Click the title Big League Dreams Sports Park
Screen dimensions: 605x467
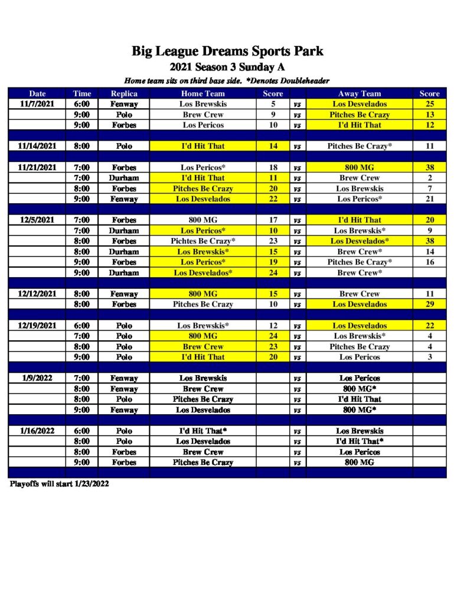pos(227,51)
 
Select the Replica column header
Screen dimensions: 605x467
pos(124,93)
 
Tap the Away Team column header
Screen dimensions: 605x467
pos(359,93)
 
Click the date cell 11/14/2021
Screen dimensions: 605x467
pos(37,146)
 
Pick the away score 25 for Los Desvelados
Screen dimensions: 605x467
pos(429,104)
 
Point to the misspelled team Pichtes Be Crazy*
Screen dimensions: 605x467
pos(203,241)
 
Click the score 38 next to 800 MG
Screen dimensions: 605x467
pos(429,167)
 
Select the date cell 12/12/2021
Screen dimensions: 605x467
pos(37,294)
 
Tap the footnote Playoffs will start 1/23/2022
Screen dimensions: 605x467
pos(59,483)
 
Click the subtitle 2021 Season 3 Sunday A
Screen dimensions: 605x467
pos(227,67)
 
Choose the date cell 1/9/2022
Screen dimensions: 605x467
pos(37,378)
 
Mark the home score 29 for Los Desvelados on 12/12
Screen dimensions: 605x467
pos(429,304)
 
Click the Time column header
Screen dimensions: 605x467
pos(82,93)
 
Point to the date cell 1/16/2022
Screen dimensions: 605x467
pos(37,431)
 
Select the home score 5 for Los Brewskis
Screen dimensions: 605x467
pos(273,104)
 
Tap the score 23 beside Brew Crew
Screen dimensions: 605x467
pos(273,347)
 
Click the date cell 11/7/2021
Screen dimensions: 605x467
pos(37,104)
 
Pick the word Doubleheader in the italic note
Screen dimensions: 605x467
pos(304,80)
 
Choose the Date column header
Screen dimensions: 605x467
pos(37,93)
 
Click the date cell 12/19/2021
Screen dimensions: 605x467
pos(37,326)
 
